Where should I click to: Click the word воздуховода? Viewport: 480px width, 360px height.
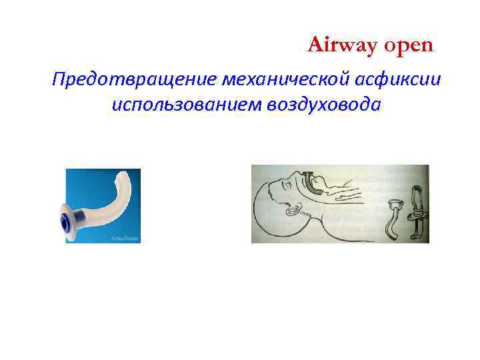[x=325, y=105]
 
